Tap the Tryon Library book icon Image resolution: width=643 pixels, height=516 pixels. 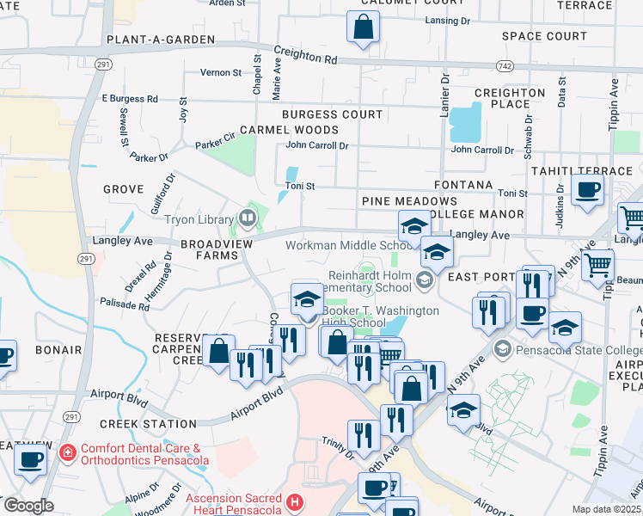248,218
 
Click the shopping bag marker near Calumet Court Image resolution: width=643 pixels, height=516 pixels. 363,28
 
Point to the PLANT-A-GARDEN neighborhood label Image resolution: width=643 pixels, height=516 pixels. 148,40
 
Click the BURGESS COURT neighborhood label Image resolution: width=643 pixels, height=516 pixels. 334,114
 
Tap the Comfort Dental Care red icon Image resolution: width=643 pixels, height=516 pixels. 67,451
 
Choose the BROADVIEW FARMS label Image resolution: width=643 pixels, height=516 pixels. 209,249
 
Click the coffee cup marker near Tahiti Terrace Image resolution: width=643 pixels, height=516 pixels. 587,191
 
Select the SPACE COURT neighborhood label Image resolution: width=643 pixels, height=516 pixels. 544,36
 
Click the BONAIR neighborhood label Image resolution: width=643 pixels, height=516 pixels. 58,350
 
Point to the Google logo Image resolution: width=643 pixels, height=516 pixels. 28,506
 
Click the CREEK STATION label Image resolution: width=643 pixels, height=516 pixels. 148,424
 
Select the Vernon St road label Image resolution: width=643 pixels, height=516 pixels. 221,73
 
